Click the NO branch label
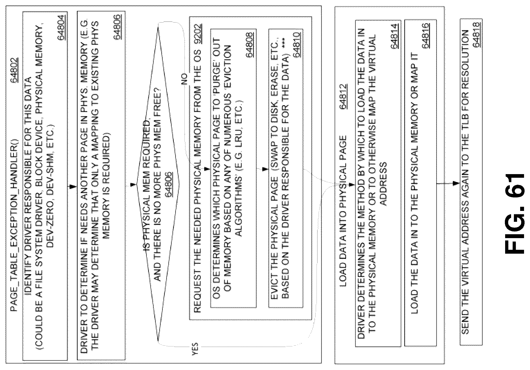tap(184, 79)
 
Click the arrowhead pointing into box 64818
tap(455, 184)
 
